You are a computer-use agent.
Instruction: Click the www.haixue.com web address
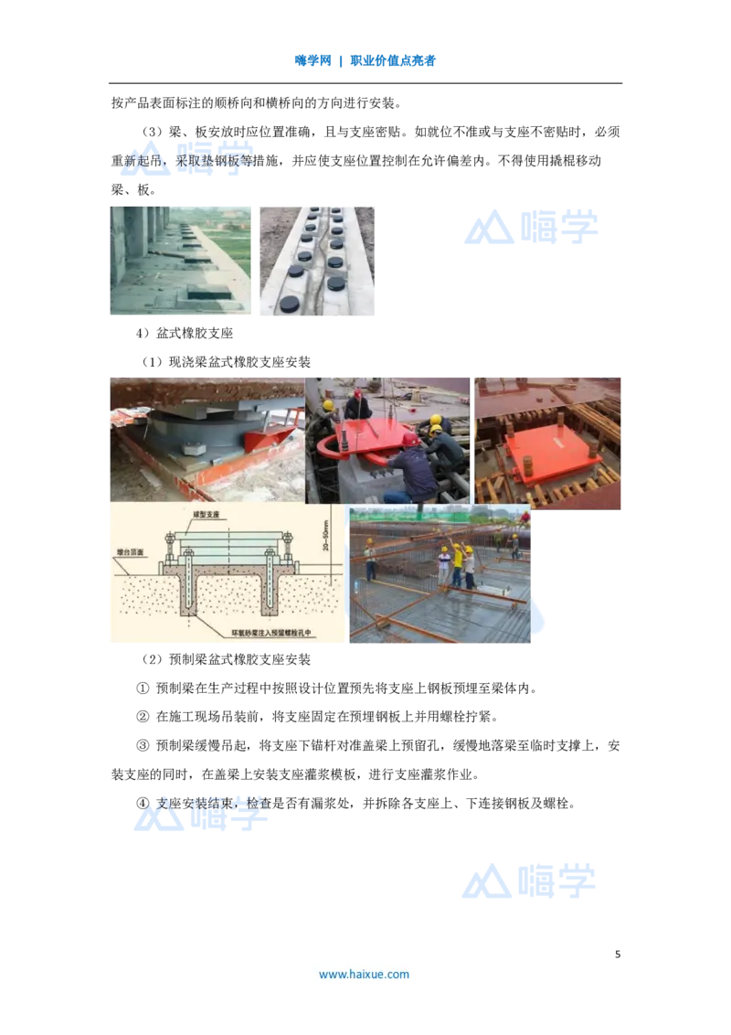(x=364, y=974)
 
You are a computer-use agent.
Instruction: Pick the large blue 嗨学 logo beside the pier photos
(x=530, y=227)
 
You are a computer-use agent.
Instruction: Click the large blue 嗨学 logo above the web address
(x=530, y=880)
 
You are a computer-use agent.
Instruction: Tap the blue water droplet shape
(x=540, y=615)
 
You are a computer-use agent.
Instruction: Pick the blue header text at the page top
(x=365, y=62)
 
